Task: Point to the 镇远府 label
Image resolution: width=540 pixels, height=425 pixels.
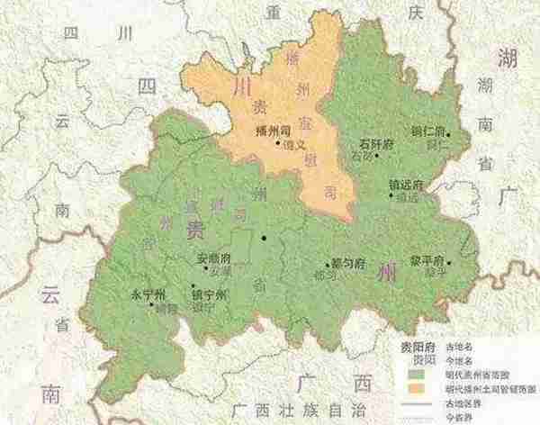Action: (393, 185)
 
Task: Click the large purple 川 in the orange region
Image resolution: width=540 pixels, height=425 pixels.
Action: (242, 86)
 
